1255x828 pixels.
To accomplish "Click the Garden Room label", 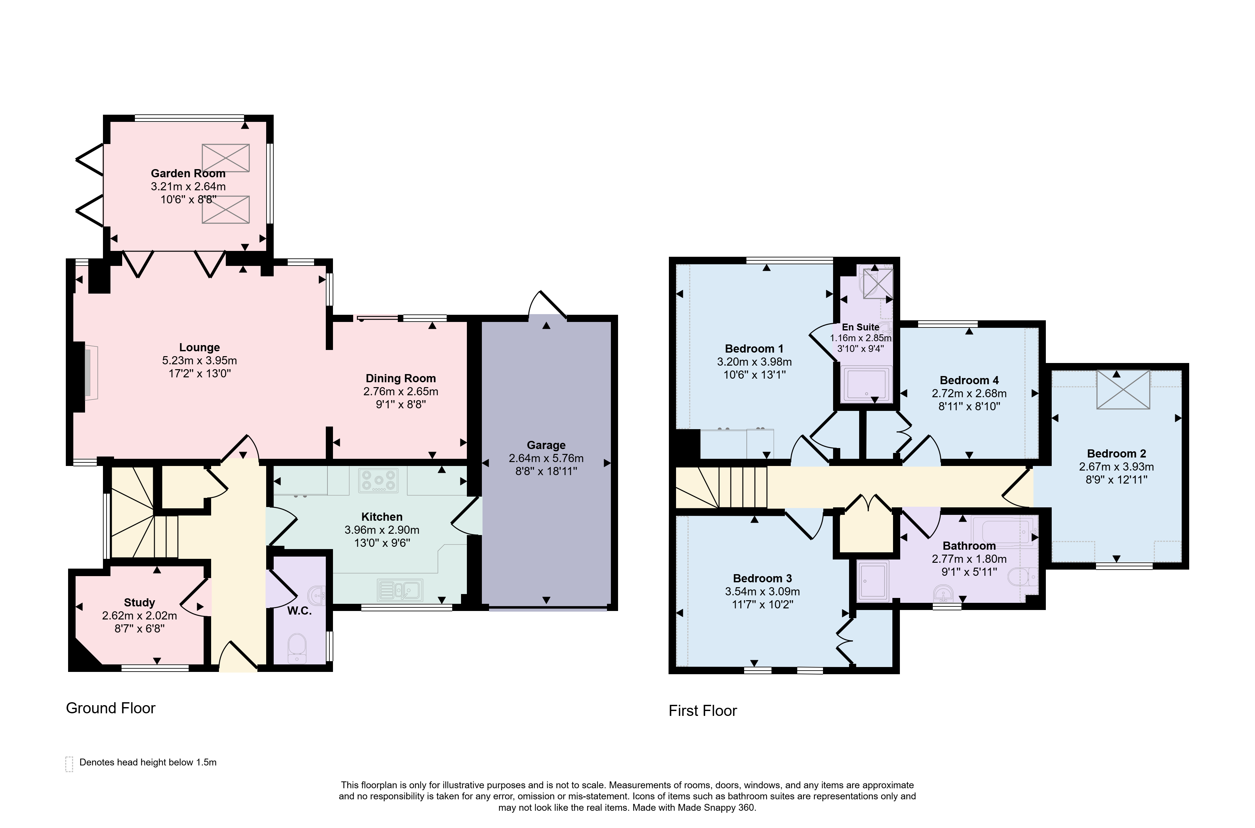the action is pos(188,173).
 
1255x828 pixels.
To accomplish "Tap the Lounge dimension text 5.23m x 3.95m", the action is pos(200,361).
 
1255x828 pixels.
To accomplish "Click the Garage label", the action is pos(546,445).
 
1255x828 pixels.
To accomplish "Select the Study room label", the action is pos(139,603).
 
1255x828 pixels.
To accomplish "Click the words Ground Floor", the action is pos(110,708).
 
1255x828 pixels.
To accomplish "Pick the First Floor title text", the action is pos(703,711).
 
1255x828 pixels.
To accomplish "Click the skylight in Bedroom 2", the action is pos(1123,390).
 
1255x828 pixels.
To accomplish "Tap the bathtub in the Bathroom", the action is pos(1002,531).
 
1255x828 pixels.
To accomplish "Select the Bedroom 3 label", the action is pos(762,578).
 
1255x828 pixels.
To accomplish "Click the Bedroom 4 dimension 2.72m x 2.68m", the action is pos(969,393).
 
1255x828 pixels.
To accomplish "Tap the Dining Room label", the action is pos(401,378).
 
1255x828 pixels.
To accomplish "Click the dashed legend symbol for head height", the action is pos(69,764).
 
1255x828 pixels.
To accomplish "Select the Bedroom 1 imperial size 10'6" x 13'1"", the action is pos(755,375).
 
